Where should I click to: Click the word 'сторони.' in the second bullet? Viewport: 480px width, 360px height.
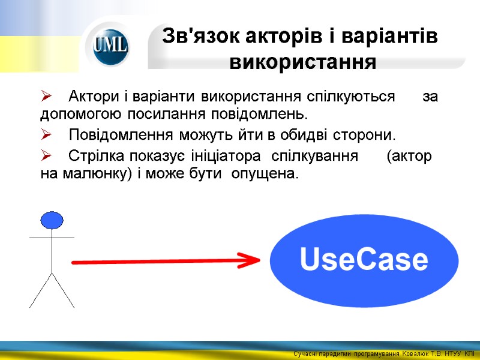pyautogui.click(x=366, y=133)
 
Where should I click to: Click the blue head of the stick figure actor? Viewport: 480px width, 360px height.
pyautogui.click(x=52, y=220)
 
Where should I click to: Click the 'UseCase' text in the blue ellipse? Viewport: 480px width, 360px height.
pyautogui.click(x=364, y=260)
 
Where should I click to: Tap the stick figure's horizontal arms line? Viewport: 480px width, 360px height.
pyautogui.click(x=52, y=238)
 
